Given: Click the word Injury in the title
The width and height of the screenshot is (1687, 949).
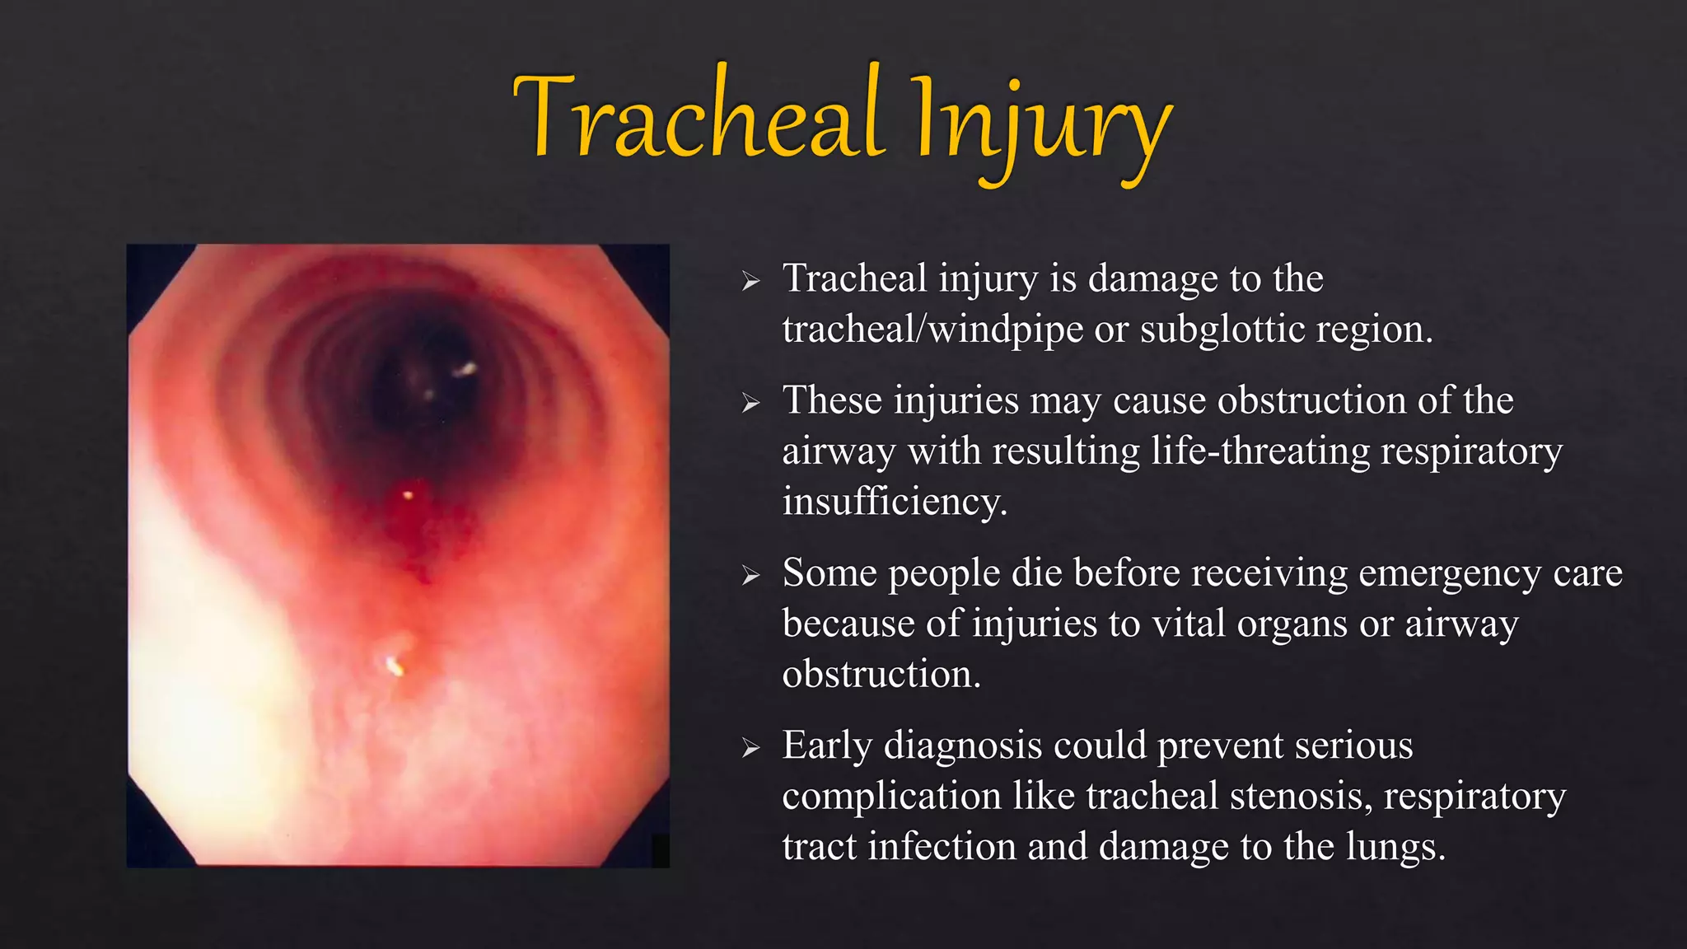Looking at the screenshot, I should click(x=1042, y=124).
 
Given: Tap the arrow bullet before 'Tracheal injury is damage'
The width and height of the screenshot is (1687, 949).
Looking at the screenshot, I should click(x=750, y=282).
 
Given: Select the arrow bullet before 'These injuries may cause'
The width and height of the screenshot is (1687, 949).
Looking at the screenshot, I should click(x=750, y=403).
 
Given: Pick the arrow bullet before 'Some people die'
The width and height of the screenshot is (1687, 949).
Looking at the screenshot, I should click(x=750, y=575).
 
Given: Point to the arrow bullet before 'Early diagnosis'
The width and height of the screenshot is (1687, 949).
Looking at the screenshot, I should click(x=750, y=748).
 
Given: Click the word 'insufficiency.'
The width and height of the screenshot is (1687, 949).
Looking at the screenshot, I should click(x=895, y=502).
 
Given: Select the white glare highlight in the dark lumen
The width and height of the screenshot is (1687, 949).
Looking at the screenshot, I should click(x=466, y=369).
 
